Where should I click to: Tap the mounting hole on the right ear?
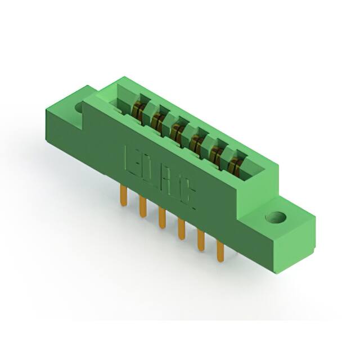click(x=276, y=217)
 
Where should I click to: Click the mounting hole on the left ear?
click(x=79, y=106)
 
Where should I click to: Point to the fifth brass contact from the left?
click(x=216, y=154)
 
